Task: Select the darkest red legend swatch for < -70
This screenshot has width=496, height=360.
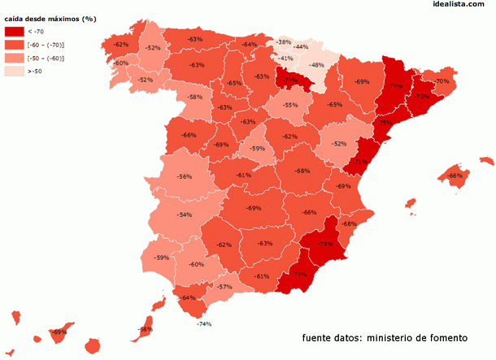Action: pyautogui.click(x=14, y=31)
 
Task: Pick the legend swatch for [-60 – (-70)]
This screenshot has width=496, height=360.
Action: pyautogui.click(x=14, y=45)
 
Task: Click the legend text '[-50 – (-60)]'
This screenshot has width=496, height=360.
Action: pyautogui.click(x=46, y=58)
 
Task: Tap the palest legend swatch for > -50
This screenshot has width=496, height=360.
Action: pyautogui.click(x=14, y=72)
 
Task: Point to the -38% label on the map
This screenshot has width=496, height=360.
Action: pyautogui.click(x=284, y=41)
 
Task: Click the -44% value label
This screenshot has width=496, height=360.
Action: pyautogui.click(x=301, y=47)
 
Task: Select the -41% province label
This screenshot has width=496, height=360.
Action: pyautogui.click(x=285, y=59)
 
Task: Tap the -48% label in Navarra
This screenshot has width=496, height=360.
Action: pyautogui.click(x=317, y=65)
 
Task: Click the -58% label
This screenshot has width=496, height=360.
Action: pyautogui.click(x=195, y=98)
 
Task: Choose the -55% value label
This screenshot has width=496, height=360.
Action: pyautogui.click(x=290, y=105)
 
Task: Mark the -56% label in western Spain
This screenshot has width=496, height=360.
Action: pyautogui.click(x=185, y=176)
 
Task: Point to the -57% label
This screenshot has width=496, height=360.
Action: pyautogui.click(x=225, y=286)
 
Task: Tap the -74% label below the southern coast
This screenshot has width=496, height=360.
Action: pyautogui.click(x=203, y=324)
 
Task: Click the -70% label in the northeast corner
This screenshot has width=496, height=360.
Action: pyautogui.click(x=442, y=81)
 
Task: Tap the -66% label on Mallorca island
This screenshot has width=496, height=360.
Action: pyautogui.click(x=455, y=176)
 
